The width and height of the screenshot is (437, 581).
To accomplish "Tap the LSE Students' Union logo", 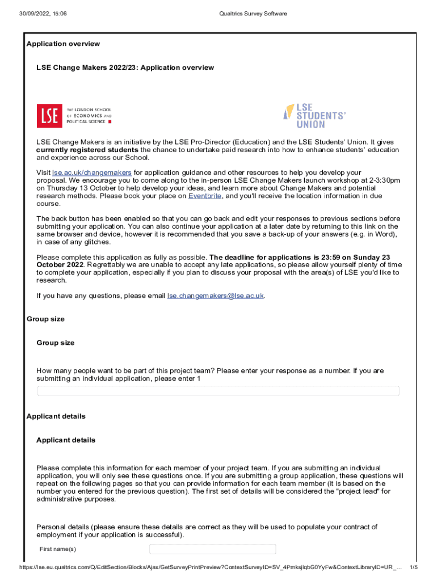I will click(x=314, y=115).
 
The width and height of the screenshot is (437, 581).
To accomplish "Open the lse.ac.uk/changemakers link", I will click(x=92, y=172).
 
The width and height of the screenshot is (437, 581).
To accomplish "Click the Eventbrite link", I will click(x=205, y=196).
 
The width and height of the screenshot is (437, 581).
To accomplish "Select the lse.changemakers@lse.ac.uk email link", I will click(x=216, y=296).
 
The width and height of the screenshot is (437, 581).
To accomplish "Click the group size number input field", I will click(x=218, y=391).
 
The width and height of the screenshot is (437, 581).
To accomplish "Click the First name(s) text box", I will click(x=212, y=549).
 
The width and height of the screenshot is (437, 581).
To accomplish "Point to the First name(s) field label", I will click(x=58, y=549).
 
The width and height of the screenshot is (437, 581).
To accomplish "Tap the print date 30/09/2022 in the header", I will click(x=35, y=14).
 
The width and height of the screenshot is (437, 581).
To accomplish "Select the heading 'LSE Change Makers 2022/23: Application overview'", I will click(x=125, y=68).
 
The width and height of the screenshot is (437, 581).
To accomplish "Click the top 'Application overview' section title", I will click(x=63, y=44).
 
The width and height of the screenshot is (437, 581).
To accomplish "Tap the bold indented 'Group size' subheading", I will click(x=56, y=343).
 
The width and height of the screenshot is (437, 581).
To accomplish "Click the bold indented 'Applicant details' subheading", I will click(x=66, y=440).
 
